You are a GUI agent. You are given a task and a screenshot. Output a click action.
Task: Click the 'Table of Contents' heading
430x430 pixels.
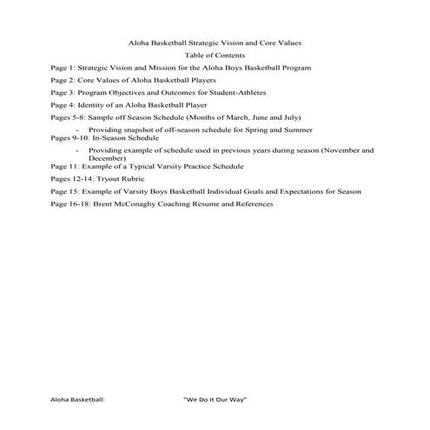[215, 54]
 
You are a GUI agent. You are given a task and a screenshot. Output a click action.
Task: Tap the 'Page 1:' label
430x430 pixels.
[63, 67]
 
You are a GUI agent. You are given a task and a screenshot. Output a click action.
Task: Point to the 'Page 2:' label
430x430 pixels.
[63, 79]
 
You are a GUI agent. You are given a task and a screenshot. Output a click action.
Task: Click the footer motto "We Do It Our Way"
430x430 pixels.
[216, 398]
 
